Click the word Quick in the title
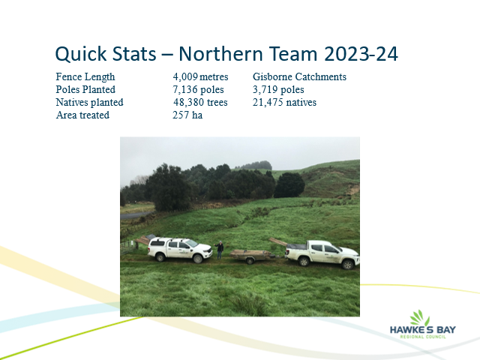click(80, 54)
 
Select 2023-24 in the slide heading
click(361, 54)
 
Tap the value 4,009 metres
click(200, 76)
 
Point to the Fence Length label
click(85, 76)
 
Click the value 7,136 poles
click(198, 90)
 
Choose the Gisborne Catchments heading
click(299, 76)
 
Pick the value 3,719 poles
click(278, 90)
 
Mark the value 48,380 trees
click(200, 102)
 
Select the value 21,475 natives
click(284, 102)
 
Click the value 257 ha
click(187, 115)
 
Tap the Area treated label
click(82, 115)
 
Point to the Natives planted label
click(89, 102)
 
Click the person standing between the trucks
click(220, 250)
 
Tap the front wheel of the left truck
click(197, 259)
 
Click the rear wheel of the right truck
click(304, 262)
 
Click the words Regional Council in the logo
click(423, 337)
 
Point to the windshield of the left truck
click(192, 243)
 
